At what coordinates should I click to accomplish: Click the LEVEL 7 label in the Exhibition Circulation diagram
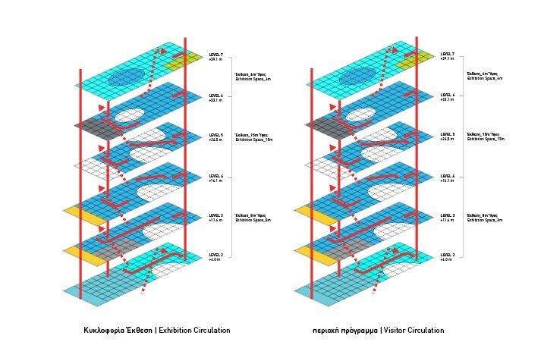coord(215,55)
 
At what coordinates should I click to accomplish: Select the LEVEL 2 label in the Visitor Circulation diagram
coord(447,255)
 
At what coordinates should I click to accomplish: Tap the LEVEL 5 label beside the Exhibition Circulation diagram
coord(215,135)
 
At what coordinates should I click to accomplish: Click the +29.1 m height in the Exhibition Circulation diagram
coord(215,59)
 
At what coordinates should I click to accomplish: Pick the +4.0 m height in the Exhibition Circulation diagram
coord(214,259)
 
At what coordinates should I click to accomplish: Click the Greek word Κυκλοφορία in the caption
coord(105,331)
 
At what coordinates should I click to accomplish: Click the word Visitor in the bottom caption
coord(397,331)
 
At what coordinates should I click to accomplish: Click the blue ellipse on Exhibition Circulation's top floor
coord(125,77)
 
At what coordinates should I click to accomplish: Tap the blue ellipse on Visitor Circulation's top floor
coord(357,77)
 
